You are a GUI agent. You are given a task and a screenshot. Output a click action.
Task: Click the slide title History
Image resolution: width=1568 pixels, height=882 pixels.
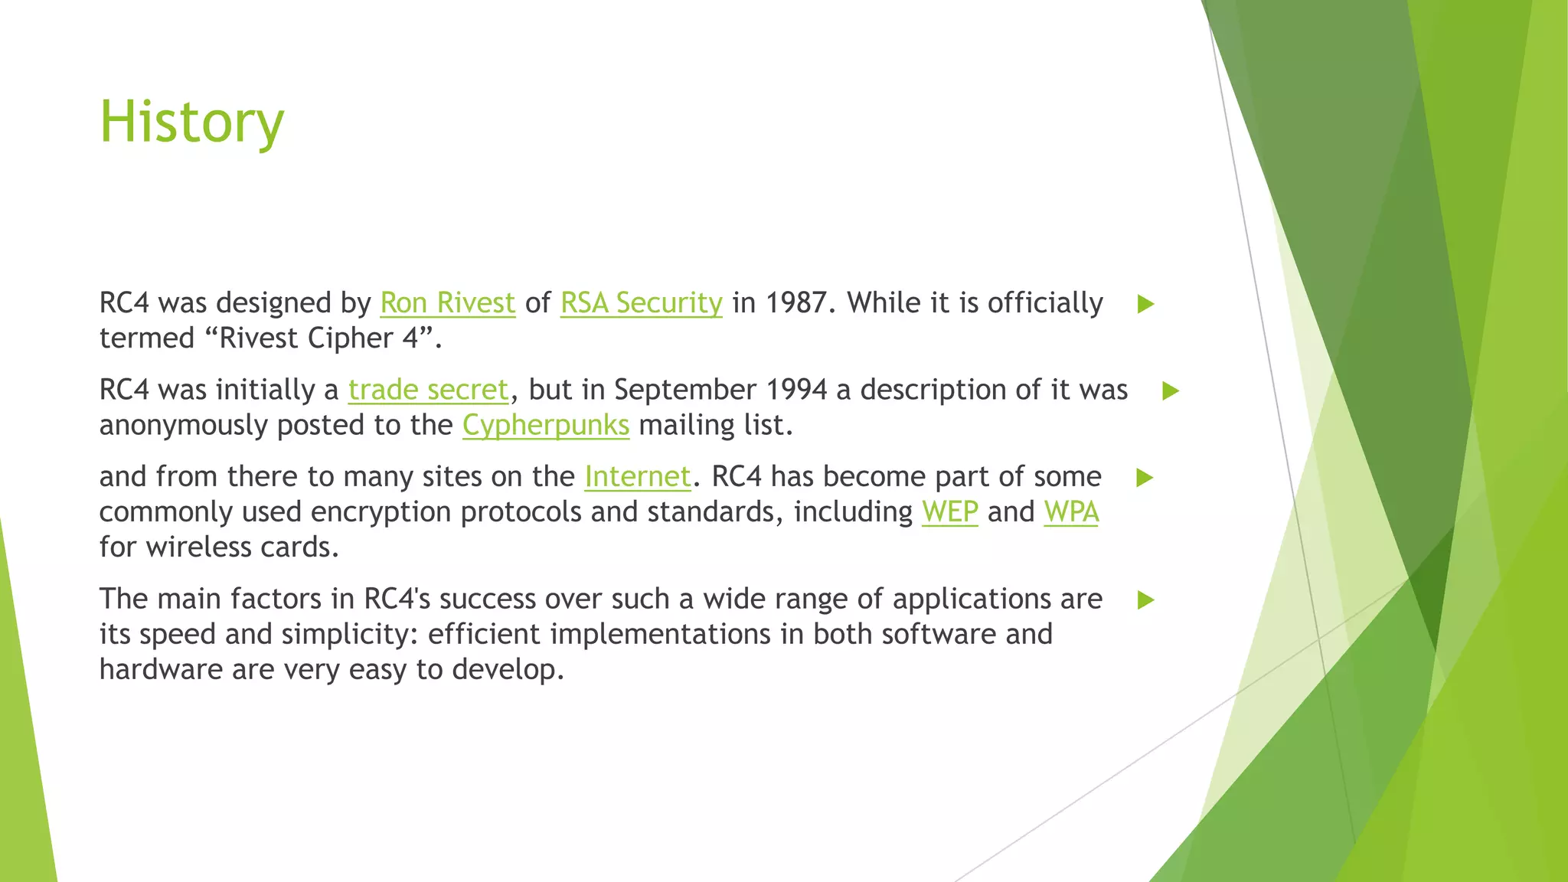tap(191, 122)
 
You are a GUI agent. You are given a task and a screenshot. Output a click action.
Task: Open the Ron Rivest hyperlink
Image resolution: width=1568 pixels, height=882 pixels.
tap(447, 303)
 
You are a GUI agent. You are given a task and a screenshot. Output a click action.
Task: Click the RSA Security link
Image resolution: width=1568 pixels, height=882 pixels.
tap(641, 303)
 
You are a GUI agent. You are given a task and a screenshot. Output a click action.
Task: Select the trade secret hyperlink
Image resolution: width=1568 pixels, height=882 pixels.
tap(428, 390)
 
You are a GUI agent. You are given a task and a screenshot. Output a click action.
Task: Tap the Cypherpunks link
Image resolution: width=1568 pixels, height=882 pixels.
tap(545, 426)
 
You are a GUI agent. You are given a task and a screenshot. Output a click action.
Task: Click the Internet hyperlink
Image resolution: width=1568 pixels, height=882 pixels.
tap(637, 477)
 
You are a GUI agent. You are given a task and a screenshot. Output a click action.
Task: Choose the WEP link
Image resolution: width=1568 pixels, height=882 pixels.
tap(949, 512)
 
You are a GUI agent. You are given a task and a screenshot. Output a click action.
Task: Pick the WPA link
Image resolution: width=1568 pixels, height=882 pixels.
tap(1071, 512)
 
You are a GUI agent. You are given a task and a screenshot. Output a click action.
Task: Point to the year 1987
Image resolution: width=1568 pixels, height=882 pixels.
tap(797, 303)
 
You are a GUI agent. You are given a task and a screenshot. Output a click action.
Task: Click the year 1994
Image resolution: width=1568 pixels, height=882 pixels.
tap(795, 390)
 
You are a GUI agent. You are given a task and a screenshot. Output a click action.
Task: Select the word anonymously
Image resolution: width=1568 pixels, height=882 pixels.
tap(183, 426)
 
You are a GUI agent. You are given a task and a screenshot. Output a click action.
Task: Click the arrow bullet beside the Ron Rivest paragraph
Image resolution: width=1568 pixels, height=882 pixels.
tap(1145, 304)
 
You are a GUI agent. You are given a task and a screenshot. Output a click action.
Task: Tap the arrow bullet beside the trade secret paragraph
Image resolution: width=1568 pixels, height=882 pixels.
tap(1170, 391)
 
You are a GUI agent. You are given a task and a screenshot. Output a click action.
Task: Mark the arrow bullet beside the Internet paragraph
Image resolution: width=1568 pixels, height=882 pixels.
tap(1145, 478)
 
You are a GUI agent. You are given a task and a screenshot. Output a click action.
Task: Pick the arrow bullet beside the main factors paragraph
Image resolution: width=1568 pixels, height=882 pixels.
tap(1145, 600)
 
